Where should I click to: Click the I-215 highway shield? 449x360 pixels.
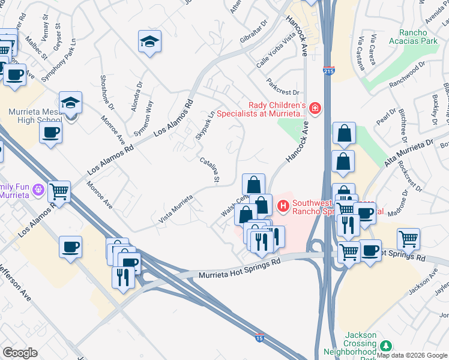[328, 71]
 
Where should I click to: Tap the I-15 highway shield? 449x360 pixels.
[259, 338]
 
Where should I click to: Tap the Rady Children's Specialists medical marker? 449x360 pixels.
[315, 109]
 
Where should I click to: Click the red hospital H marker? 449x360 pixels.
[283, 206]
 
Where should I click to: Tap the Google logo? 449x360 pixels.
[20, 352]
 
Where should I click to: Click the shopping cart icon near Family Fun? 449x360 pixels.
[59, 191]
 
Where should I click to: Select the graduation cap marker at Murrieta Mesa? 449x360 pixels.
[70, 101]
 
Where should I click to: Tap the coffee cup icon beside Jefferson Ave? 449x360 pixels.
[71, 246]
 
